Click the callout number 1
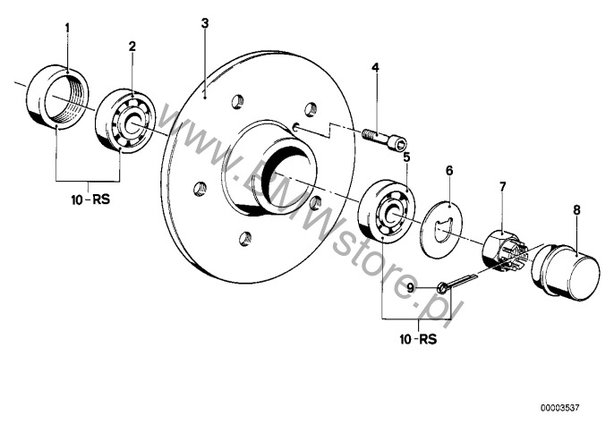67,29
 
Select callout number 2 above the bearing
132,47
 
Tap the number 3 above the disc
205,23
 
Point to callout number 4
375,67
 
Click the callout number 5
406,157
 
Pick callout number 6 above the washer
449,170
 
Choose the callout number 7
502,187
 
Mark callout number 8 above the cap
576,210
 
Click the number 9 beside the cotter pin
410,289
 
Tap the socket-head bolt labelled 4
384,139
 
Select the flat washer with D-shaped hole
442,229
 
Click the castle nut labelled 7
505,250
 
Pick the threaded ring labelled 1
57,96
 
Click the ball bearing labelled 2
125,119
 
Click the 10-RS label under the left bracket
90,200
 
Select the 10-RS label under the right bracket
417,339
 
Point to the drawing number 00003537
559,408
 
